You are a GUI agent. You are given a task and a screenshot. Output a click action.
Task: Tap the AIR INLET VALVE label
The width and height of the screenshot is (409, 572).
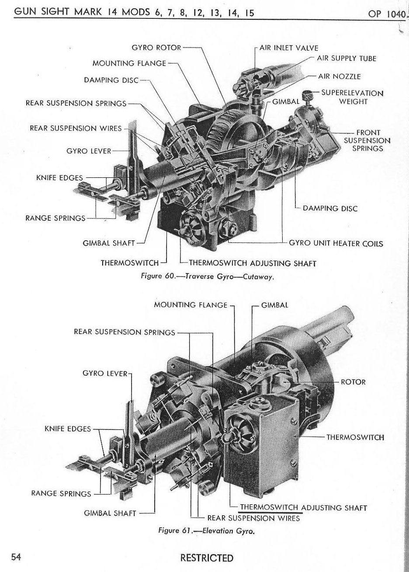(289, 47)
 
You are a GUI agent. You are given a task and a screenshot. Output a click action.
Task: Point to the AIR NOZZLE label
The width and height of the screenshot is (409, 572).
(340, 76)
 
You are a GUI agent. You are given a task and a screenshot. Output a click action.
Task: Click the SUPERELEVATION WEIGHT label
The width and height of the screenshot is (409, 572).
(352, 97)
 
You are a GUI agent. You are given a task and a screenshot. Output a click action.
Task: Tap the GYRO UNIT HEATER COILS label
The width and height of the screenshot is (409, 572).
(336, 243)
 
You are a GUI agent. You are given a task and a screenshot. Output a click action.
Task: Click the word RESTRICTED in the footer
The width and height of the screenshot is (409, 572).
(207, 558)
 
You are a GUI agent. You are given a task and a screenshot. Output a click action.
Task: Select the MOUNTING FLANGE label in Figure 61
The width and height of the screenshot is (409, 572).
(191, 305)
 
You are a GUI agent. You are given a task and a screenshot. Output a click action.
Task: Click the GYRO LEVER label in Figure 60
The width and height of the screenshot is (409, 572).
(89, 151)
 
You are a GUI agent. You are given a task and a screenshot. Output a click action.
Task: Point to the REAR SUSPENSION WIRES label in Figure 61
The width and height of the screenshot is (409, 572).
(253, 518)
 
